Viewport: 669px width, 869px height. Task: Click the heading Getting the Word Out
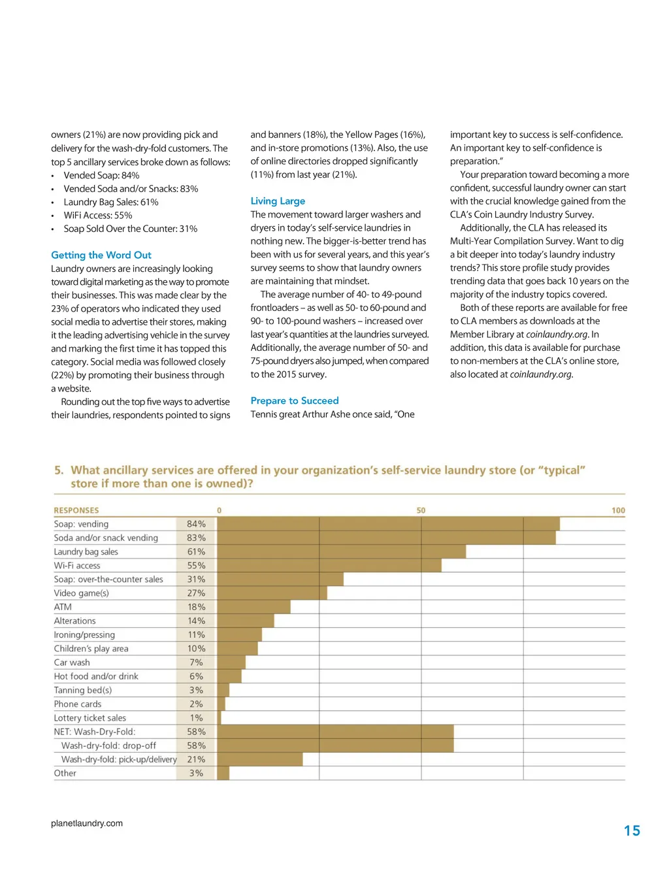tap(101, 255)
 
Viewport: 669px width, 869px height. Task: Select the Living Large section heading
tap(278, 201)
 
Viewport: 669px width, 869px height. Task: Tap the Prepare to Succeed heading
tap(295, 401)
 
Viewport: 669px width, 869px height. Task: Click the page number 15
tap(632, 830)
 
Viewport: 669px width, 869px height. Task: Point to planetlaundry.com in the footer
tap(87, 823)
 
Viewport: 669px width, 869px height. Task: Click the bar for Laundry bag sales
tap(341, 551)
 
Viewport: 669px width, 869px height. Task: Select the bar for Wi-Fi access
tap(329, 565)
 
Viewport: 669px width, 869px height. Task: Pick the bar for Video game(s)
tap(272, 593)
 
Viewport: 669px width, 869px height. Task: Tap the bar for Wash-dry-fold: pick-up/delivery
tap(259, 759)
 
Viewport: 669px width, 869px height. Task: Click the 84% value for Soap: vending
tap(196, 524)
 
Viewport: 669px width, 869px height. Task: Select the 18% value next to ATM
tap(196, 607)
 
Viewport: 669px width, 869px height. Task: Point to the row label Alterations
tap(74, 621)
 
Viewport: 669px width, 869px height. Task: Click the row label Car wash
tap(72, 663)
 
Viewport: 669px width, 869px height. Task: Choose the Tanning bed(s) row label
tap(83, 690)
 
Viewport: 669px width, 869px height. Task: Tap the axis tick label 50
tap(421, 510)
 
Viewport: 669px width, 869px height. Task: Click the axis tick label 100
tap(618, 510)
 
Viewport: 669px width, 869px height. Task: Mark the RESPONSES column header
tap(76, 510)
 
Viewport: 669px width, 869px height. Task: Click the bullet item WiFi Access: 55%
tap(98, 215)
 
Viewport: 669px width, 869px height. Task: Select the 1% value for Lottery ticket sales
tap(196, 718)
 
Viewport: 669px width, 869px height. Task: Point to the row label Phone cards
tap(78, 704)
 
